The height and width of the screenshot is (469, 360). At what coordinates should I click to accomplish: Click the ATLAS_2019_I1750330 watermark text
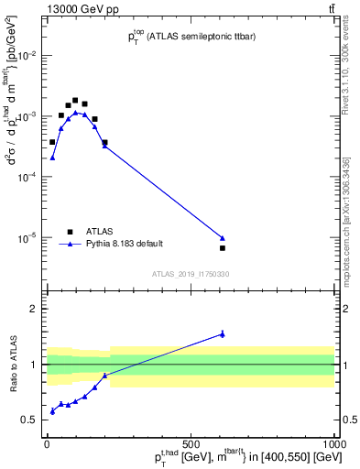pyautogui.click(x=191, y=274)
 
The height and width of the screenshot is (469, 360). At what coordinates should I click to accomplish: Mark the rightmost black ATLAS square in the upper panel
pyautogui.click(x=223, y=248)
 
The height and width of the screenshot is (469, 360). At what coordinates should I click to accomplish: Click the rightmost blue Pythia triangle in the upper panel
pyautogui.click(x=223, y=238)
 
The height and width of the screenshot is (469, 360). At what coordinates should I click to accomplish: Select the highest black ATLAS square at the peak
pyautogui.click(x=75, y=100)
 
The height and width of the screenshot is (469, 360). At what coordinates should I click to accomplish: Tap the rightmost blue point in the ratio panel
pyautogui.click(x=223, y=334)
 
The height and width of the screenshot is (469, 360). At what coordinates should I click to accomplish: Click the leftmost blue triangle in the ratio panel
pyautogui.click(x=52, y=411)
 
